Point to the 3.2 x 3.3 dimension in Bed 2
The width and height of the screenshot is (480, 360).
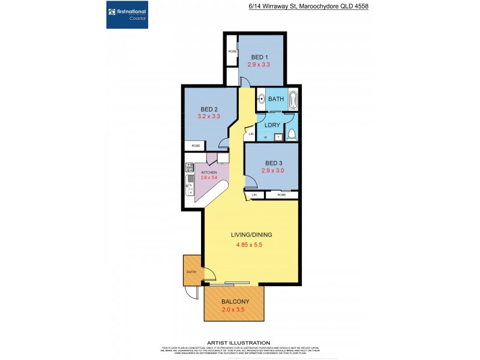coord(209,116)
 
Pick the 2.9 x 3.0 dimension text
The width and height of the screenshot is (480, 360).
coord(273,170)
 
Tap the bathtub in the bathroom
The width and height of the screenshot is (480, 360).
coord(292,100)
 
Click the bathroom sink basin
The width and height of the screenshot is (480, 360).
coord(262,100)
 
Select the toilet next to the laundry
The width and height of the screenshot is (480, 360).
coord(291,134)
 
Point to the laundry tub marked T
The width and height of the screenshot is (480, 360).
coord(279,137)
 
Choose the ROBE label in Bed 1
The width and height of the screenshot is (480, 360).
coord(232,52)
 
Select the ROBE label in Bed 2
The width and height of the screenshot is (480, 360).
coord(196,146)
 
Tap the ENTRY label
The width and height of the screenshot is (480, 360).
coord(191,272)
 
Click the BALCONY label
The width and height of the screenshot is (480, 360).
coord(235,302)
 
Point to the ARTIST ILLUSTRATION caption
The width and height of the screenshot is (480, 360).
coord(238,343)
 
